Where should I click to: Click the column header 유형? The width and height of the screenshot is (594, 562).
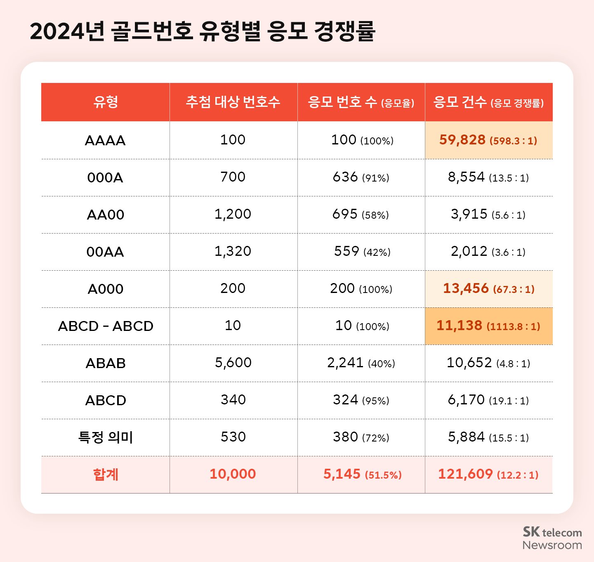(106, 102)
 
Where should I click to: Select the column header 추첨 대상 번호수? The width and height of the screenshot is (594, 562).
(233, 102)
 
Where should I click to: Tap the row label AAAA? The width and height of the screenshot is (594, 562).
(105, 141)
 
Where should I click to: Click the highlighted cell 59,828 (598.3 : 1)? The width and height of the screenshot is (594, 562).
(488, 140)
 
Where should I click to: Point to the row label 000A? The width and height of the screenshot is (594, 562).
(105, 178)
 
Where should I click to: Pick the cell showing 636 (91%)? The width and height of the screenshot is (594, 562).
(361, 177)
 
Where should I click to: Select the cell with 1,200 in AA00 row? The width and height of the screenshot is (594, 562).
(233, 214)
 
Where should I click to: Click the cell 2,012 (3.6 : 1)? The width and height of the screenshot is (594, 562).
(488, 252)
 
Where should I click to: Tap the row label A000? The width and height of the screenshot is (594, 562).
(105, 289)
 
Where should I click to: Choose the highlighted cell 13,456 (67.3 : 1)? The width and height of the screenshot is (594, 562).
(488, 289)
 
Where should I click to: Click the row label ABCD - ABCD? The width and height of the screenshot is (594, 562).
(106, 326)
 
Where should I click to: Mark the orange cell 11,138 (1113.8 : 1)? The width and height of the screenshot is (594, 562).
(488, 326)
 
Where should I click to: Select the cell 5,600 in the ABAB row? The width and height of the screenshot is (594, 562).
(233, 363)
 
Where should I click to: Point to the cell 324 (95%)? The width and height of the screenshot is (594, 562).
(361, 400)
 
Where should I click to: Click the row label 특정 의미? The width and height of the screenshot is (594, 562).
(106, 437)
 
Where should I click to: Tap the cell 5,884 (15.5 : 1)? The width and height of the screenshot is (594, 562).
(488, 437)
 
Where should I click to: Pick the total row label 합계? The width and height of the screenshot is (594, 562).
(106, 475)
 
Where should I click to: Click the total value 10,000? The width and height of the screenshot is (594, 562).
(233, 475)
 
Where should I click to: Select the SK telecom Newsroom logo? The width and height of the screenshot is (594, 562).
(552, 538)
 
